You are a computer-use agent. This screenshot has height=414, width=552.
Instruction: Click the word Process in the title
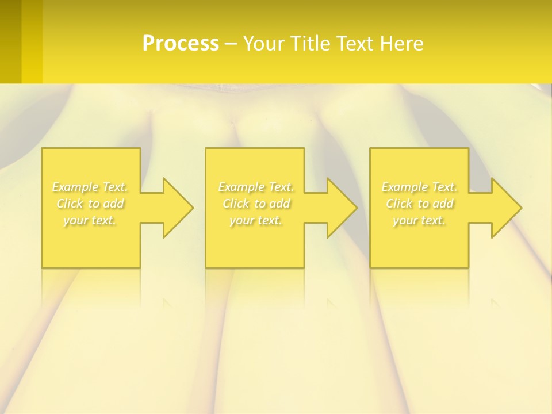point(181,44)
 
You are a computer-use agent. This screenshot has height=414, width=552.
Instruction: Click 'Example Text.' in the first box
point(90,187)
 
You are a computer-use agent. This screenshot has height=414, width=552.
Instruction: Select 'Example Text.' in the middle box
point(256,187)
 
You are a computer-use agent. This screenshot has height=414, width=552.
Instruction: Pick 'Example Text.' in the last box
point(419,187)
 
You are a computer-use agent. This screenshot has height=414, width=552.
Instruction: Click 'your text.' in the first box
point(90,220)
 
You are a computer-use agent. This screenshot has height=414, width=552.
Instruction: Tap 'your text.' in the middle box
point(256,220)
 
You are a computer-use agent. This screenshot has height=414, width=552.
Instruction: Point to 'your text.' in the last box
point(419,220)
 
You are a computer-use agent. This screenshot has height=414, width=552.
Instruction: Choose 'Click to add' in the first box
point(90,204)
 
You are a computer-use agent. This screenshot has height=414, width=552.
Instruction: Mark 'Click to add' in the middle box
point(256,204)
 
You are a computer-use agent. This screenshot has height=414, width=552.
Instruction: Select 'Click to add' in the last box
point(419,204)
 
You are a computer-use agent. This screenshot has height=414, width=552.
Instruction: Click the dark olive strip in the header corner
point(10,41)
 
